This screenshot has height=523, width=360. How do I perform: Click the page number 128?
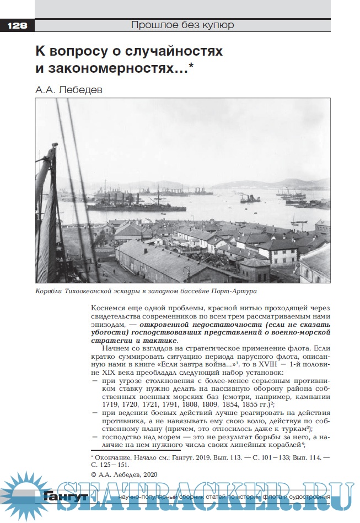[x=17, y=25]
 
